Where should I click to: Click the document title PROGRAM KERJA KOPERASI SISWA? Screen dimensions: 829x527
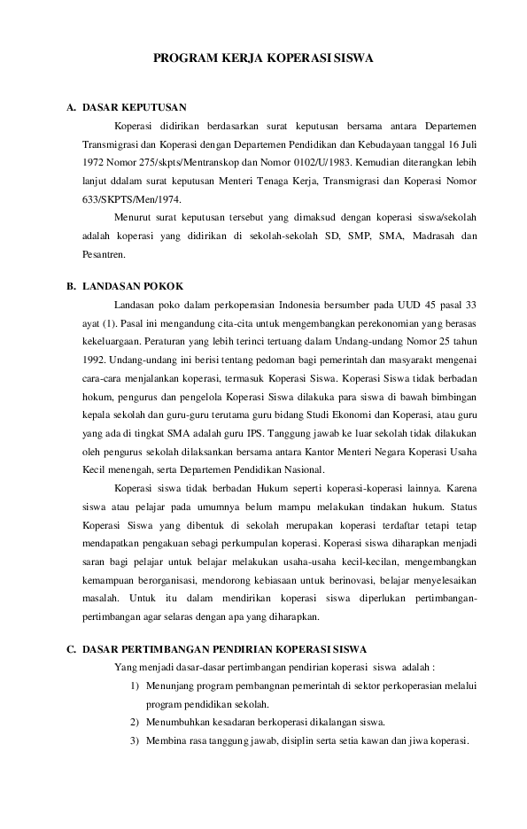coord(263,58)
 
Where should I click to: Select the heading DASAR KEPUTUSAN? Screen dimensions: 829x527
coord(134,107)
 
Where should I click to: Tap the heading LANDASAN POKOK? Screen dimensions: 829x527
coord(132,286)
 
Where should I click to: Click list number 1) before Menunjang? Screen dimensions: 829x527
coord(135,686)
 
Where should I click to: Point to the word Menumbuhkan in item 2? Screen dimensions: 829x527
coord(180,722)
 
